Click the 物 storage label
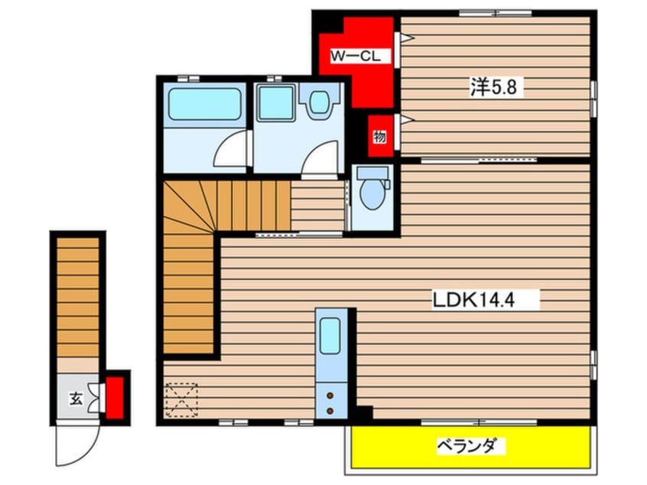point(379,137)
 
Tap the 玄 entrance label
point(76,398)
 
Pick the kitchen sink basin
point(330,334)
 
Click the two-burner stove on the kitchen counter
point(330,403)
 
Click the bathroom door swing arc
point(229,149)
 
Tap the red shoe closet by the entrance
point(116,395)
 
